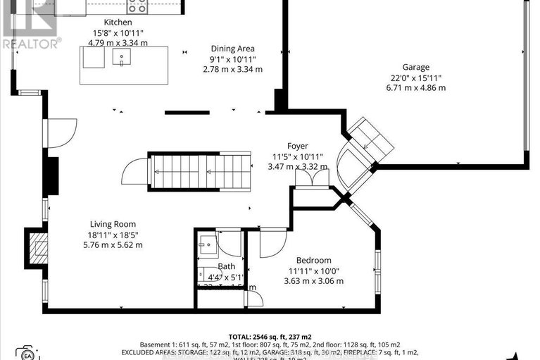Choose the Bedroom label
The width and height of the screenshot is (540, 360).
click(x=313, y=259)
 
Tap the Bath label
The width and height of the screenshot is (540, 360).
click(x=226, y=266)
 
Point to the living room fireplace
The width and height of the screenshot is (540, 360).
click(x=38, y=248)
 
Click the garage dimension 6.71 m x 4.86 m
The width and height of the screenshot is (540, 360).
click(x=414, y=88)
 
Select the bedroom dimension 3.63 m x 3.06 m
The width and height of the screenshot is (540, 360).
click(x=313, y=281)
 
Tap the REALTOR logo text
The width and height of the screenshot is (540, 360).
click(x=31, y=42)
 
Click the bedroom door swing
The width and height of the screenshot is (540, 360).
click(x=272, y=242)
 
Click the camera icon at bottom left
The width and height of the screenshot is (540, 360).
click(x=27, y=352)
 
